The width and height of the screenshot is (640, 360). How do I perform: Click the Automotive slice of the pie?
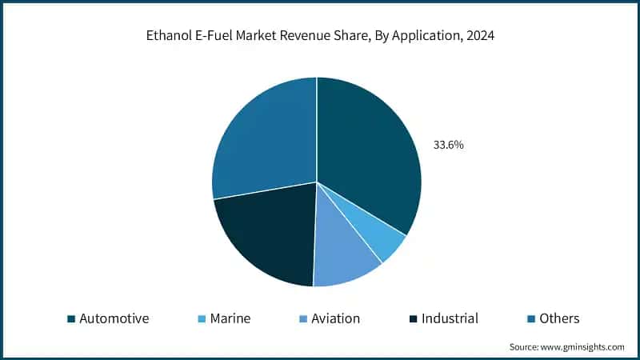[x=368, y=160]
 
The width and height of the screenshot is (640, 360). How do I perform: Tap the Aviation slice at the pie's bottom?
[x=346, y=261]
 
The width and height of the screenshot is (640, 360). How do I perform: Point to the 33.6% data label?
[x=449, y=146]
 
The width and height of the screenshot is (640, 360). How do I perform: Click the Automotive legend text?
[x=114, y=318]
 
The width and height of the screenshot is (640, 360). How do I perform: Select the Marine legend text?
[x=230, y=318]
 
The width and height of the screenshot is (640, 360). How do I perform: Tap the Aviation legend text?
[x=335, y=318]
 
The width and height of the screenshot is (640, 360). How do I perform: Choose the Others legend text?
[x=559, y=318]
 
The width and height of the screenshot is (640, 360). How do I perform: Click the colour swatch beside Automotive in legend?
[x=71, y=319]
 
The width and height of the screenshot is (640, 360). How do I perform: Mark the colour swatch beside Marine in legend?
[x=202, y=319]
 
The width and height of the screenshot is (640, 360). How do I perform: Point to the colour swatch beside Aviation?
[x=302, y=319]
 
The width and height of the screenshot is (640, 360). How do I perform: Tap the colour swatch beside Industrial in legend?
[x=412, y=319]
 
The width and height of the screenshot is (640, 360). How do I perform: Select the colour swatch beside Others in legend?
[x=531, y=319]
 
